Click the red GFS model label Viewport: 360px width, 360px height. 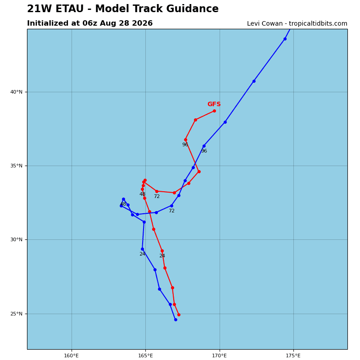(214, 104)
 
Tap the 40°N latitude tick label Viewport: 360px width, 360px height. (16, 92)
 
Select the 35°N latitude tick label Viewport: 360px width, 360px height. (16, 166)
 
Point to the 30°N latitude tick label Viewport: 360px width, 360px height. (16, 240)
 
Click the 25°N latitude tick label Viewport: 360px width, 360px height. (16, 314)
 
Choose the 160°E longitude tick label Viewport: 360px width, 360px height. (72, 356)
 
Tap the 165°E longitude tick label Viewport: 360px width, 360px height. (145, 356)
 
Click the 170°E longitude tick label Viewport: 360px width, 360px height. (220, 356)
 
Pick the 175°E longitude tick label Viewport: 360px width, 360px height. (293, 356)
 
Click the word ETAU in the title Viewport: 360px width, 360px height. (70, 9)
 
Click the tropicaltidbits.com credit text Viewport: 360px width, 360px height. (318, 24)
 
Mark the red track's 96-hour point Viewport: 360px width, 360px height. (185, 140)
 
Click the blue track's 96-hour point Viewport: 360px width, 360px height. (204, 146)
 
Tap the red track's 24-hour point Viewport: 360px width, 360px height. (162, 251)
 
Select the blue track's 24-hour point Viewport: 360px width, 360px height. (142, 249)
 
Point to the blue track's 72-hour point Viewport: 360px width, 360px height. (171, 206)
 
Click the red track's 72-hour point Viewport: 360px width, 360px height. (157, 191)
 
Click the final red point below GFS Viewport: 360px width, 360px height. (214, 111)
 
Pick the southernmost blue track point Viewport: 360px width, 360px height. (175, 319)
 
